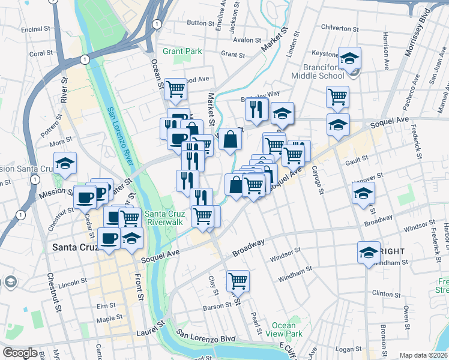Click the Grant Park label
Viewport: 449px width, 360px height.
pos(182,52)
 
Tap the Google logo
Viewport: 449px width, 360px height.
pos(20,353)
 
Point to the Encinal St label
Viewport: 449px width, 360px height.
pos(35,29)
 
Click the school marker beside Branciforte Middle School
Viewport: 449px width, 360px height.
pos(349,59)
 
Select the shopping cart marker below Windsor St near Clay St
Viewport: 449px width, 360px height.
pos(238,280)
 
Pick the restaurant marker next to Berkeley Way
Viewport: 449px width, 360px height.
pos(255,109)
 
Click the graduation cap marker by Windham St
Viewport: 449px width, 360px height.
pos(369,252)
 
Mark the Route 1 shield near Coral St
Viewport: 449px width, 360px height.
pos(85,59)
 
